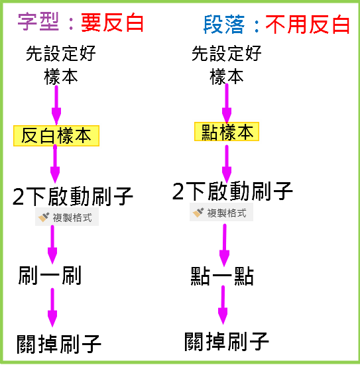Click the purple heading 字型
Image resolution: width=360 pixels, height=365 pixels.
[38, 22]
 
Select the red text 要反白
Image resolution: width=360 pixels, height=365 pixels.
[112, 23]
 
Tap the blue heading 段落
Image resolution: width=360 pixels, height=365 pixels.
[224, 25]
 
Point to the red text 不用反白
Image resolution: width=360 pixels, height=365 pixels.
[308, 25]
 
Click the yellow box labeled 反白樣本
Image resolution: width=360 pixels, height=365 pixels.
[56, 136]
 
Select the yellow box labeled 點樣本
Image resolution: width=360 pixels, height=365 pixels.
[227, 132]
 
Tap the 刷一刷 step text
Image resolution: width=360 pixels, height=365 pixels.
[50, 276]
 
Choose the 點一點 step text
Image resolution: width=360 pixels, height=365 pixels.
[222, 276]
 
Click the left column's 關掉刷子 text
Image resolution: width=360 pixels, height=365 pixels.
[59, 344]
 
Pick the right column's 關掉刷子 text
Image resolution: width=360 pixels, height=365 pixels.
[227, 341]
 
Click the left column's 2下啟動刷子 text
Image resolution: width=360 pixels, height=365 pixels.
[72, 196]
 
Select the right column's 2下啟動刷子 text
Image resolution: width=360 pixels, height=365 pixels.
[232, 191]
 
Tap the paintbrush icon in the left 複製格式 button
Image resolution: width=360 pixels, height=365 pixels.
[44, 217]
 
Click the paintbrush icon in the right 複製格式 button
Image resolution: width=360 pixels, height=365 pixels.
[198, 213]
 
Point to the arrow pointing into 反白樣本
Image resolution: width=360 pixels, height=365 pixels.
[56, 105]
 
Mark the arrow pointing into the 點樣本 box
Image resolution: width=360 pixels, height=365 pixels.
[227, 103]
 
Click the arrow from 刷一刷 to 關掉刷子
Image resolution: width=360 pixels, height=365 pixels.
[52, 307]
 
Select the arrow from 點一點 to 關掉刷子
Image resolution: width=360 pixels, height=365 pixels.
[223, 305]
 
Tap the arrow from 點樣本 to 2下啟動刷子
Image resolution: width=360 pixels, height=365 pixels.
[227, 164]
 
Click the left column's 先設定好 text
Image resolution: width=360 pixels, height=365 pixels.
[60, 53]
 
